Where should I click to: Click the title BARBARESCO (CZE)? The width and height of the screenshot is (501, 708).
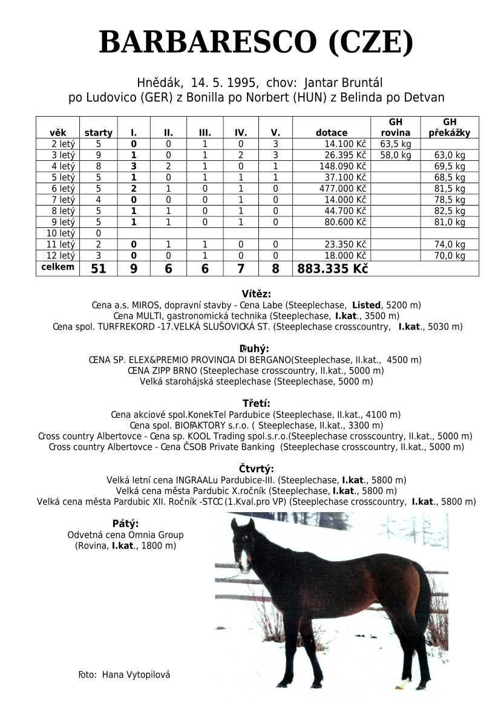(x=256, y=42)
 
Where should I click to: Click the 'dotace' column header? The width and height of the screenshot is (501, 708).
(x=332, y=133)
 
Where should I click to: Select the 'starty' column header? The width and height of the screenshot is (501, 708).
(x=98, y=133)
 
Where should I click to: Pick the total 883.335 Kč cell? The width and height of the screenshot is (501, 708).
(x=332, y=269)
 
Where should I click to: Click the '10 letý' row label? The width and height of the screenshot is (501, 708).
(x=59, y=233)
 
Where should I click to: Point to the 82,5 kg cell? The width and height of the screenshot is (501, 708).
(x=450, y=211)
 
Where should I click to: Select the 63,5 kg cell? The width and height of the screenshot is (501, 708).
(x=396, y=145)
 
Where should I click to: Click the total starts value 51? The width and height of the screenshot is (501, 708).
(x=98, y=269)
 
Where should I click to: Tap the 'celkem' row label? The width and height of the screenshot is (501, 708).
(x=57, y=267)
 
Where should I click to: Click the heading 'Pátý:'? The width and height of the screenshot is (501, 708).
(x=125, y=524)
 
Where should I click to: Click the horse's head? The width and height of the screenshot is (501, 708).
(x=242, y=544)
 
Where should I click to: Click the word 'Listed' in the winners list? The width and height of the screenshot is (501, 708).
(x=366, y=305)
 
